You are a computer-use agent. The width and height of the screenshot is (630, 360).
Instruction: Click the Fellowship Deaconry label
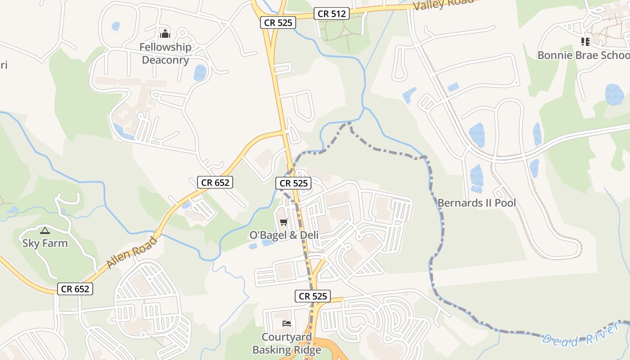(x=165, y=53)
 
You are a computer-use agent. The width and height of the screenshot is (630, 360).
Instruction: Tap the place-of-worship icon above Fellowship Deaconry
(x=165, y=34)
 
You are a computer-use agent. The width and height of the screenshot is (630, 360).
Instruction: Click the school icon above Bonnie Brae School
(x=585, y=42)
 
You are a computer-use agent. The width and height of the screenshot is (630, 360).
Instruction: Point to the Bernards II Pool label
(x=477, y=203)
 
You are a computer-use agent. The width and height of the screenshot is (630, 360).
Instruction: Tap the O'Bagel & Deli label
(x=284, y=235)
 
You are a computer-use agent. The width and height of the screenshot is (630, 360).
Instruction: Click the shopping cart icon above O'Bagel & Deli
(x=283, y=222)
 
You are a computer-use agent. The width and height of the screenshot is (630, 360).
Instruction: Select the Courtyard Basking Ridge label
(x=287, y=343)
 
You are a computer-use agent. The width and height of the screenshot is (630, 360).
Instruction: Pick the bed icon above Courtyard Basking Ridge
(x=287, y=323)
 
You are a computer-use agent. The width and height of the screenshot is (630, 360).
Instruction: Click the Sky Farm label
(x=45, y=243)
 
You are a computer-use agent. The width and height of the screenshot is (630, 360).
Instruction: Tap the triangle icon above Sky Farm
(x=45, y=231)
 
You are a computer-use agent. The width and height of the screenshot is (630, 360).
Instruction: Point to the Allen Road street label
(x=132, y=252)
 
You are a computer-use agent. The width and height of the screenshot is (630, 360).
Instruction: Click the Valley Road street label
(x=443, y=4)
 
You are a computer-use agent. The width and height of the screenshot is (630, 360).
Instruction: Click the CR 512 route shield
(x=332, y=14)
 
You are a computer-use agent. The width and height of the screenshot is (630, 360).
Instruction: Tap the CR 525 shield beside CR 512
(x=278, y=22)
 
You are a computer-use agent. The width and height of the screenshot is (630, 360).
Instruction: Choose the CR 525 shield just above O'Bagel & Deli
(x=293, y=183)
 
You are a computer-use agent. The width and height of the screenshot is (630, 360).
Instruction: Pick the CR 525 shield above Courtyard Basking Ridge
(x=313, y=296)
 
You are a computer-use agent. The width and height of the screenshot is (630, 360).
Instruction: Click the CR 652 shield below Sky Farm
(x=75, y=289)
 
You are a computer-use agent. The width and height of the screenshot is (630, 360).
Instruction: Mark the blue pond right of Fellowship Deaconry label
(x=200, y=72)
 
